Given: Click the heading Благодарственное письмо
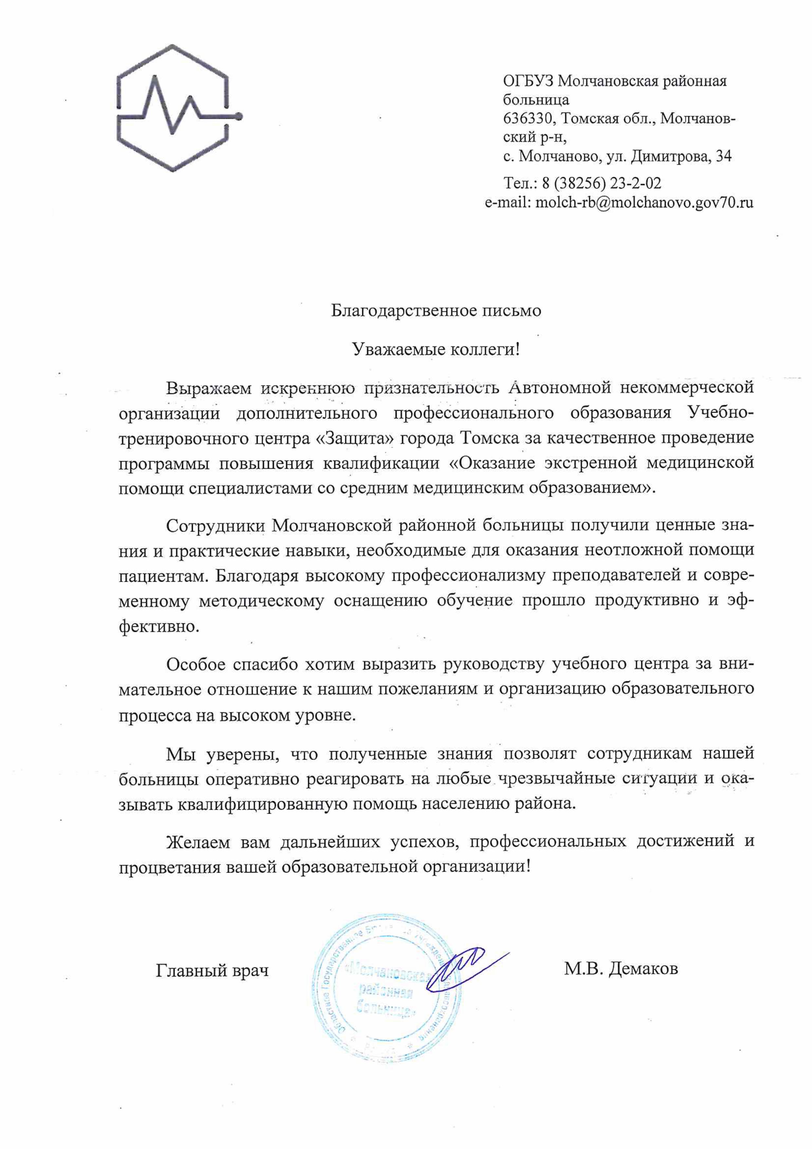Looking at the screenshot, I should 436,311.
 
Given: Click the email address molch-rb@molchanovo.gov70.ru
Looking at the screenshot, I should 644,203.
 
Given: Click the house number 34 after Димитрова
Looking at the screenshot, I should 724,157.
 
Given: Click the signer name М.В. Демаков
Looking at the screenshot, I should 621,969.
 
